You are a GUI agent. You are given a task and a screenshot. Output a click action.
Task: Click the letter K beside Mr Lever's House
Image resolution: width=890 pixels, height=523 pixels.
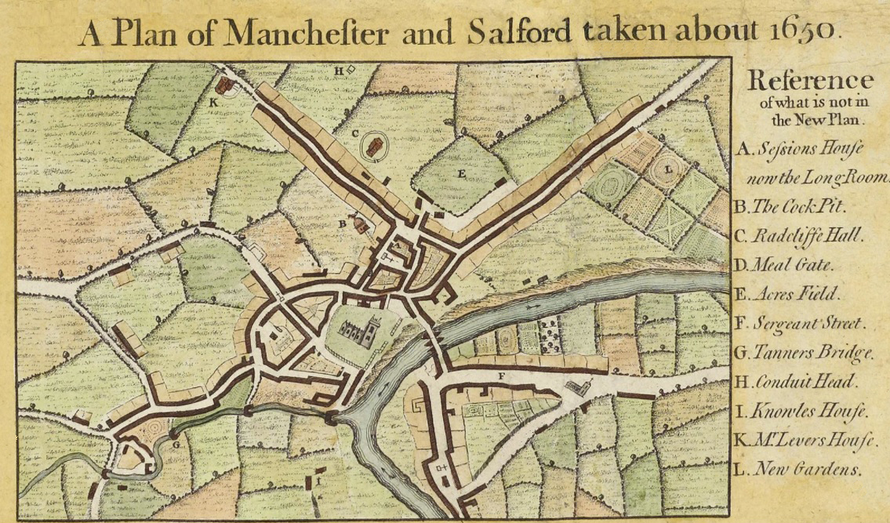(213, 101)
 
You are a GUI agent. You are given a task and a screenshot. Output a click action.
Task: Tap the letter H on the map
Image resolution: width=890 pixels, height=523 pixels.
(339, 71)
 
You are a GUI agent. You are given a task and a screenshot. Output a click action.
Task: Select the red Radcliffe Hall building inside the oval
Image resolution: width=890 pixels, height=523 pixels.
(375, 145)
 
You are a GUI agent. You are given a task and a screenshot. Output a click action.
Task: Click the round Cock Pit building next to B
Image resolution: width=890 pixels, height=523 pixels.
(361, 224)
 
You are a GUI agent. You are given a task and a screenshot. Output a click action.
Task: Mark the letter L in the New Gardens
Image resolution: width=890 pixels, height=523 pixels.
(667, 169)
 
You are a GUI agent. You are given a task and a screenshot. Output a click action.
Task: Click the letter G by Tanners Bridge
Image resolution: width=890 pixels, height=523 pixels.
(176, 445)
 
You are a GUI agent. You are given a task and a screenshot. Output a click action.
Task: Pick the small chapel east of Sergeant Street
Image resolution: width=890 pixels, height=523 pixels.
(579, 387)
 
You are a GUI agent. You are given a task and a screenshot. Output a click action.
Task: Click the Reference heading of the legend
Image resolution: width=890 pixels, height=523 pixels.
(810, 80)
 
